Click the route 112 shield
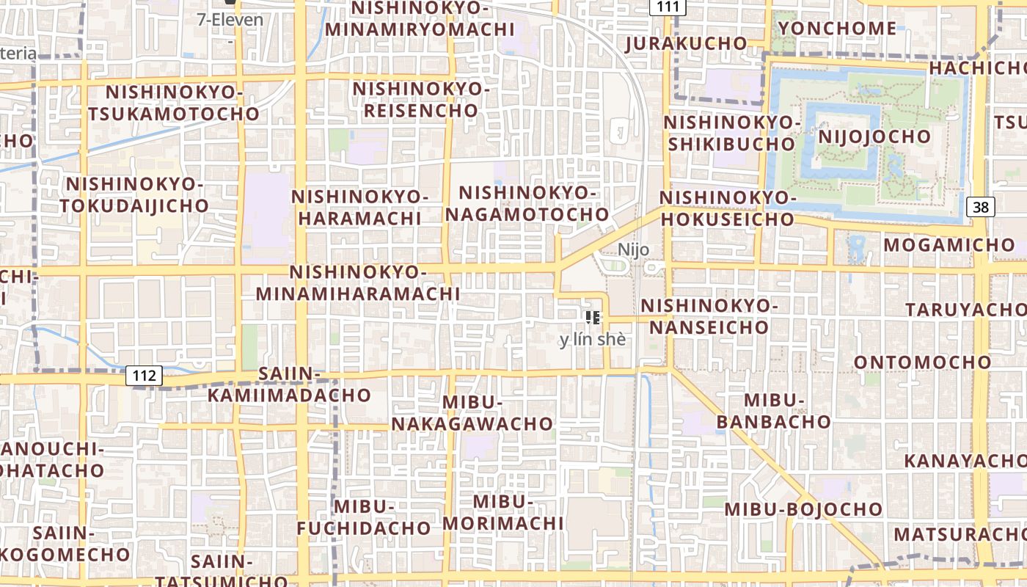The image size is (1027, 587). (x=145, y=376)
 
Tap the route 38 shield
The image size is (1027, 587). (x=981, y=207)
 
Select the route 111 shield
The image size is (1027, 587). (x=668, y=7)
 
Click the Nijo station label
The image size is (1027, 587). (x=633, y=249)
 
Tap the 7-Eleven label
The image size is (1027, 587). (x=230, y=20)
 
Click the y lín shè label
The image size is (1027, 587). (x=593, y=340)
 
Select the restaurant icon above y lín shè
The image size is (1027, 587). (x=593, y=318)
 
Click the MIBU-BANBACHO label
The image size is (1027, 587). (x=774, y=411)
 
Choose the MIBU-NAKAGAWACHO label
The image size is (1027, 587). (x=472, y=413)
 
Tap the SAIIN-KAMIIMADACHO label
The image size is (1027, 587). (x=289, y=384)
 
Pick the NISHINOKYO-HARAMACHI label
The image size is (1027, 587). (x=359, y=208)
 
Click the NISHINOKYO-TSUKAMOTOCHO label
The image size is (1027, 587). (x=174, y=103)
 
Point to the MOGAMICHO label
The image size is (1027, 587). (x=949, y=245)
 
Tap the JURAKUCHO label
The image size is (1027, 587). (x=686, y=43)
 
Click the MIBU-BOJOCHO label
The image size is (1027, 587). (x=804, y=509)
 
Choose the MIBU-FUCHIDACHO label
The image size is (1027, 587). (x=364, y=517)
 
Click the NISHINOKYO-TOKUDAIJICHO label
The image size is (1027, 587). (x=135, y=194)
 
